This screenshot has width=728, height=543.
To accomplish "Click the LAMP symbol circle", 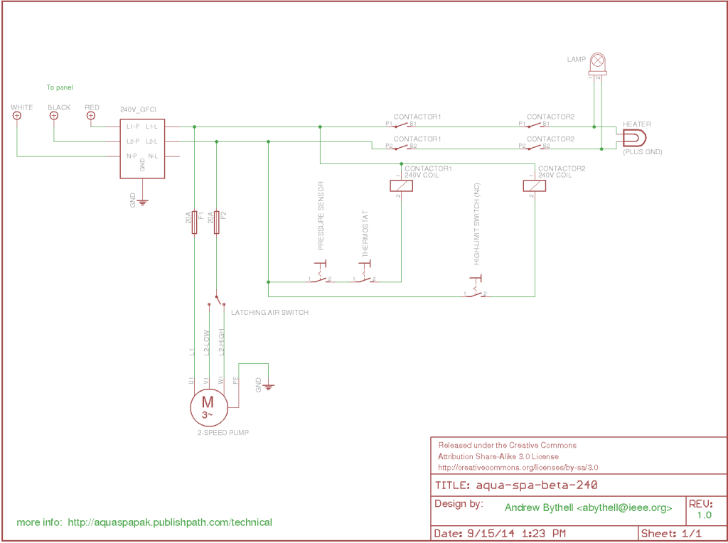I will click(599, 59).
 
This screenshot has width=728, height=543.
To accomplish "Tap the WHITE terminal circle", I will click(17, 116).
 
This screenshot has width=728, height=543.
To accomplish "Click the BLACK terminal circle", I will click(53, 116).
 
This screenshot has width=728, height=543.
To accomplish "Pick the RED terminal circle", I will click(90, 116).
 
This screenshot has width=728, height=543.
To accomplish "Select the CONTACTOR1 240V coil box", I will click(402, 186).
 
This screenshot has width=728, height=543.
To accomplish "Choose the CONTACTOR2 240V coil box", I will click(534, 186).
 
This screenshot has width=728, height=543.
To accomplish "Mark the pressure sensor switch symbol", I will click(320, 274).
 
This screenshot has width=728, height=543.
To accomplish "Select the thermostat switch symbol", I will click(365, 274).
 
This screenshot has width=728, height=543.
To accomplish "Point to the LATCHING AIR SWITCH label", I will click(269, 312).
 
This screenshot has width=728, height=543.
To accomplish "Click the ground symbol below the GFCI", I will click(142, 201).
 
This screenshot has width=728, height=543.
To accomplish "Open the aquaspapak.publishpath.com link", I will click(170, 522).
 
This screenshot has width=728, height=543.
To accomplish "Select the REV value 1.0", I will click(704, 515).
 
